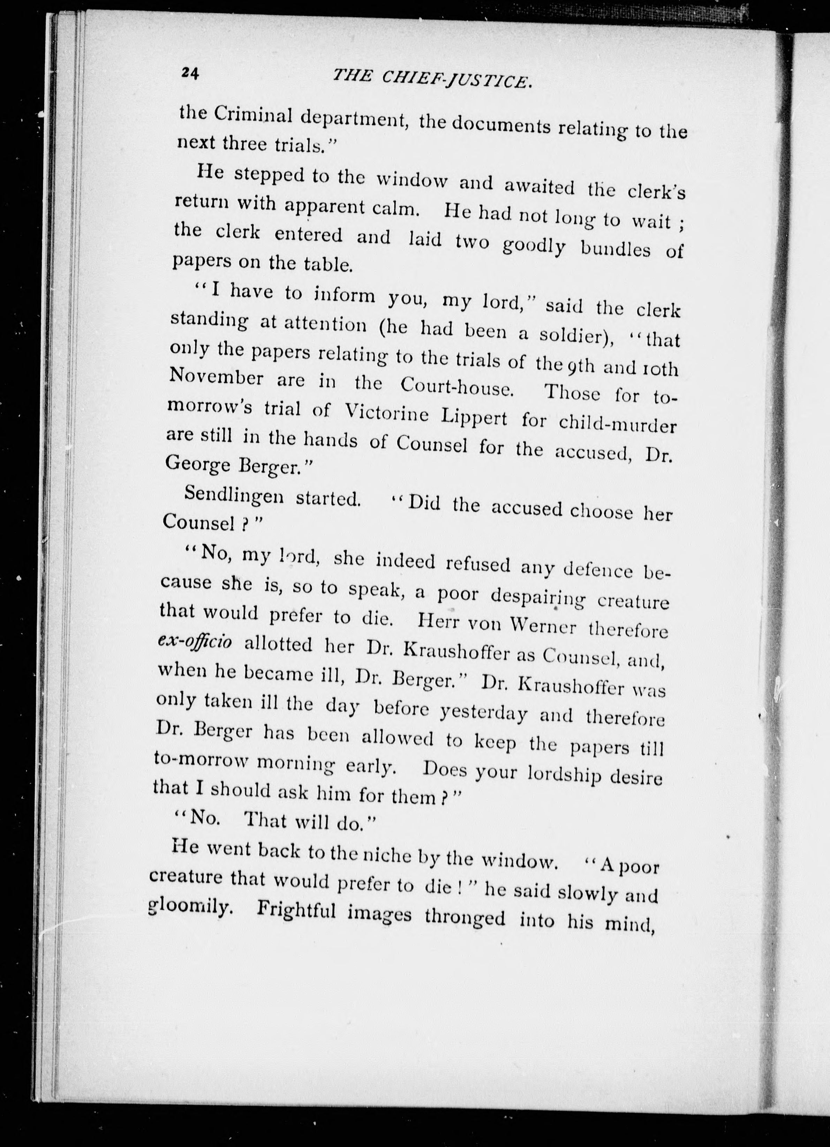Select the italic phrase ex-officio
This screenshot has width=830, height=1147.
click(x=195, y=642)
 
